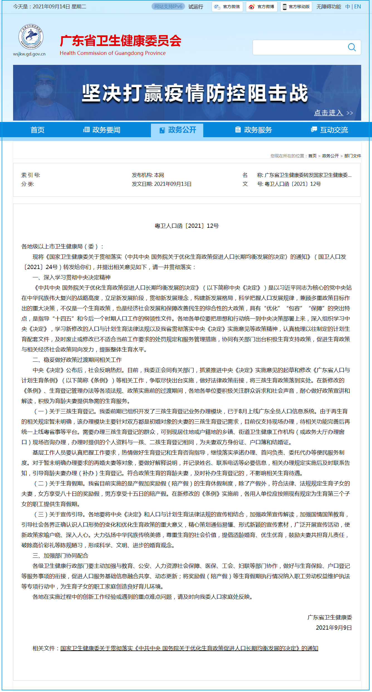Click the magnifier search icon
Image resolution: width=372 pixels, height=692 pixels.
[352, 47]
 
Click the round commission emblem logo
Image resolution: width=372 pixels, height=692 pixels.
[31, 36]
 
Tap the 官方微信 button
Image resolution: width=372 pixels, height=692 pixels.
[227, 7]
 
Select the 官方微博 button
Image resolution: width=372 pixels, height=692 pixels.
[262, 7]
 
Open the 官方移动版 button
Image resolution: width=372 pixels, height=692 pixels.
[296, 7]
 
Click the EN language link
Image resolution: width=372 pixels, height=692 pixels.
[358, 7]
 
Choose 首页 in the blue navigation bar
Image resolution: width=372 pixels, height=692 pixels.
[37, 130]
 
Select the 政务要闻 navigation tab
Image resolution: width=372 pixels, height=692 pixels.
[102, 130]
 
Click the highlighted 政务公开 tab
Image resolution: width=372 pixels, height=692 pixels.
[177, 130]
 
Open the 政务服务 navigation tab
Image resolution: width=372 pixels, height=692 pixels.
[253, 130]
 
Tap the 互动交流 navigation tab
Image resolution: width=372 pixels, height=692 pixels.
[329, 130]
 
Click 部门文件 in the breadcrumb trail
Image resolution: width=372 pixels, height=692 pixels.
[353, 156]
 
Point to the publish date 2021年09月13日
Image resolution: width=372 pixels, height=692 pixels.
[173, 184]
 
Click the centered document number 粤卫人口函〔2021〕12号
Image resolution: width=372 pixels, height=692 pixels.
[187, 226]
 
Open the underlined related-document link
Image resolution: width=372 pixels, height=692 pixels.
[189, 648]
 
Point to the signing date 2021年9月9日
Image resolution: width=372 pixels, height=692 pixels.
[334, 628]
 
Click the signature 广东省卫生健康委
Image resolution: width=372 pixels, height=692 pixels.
[330, 617]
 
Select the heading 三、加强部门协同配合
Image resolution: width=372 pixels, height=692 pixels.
[60, 556]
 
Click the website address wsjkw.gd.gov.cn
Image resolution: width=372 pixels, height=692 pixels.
[29, 54]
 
